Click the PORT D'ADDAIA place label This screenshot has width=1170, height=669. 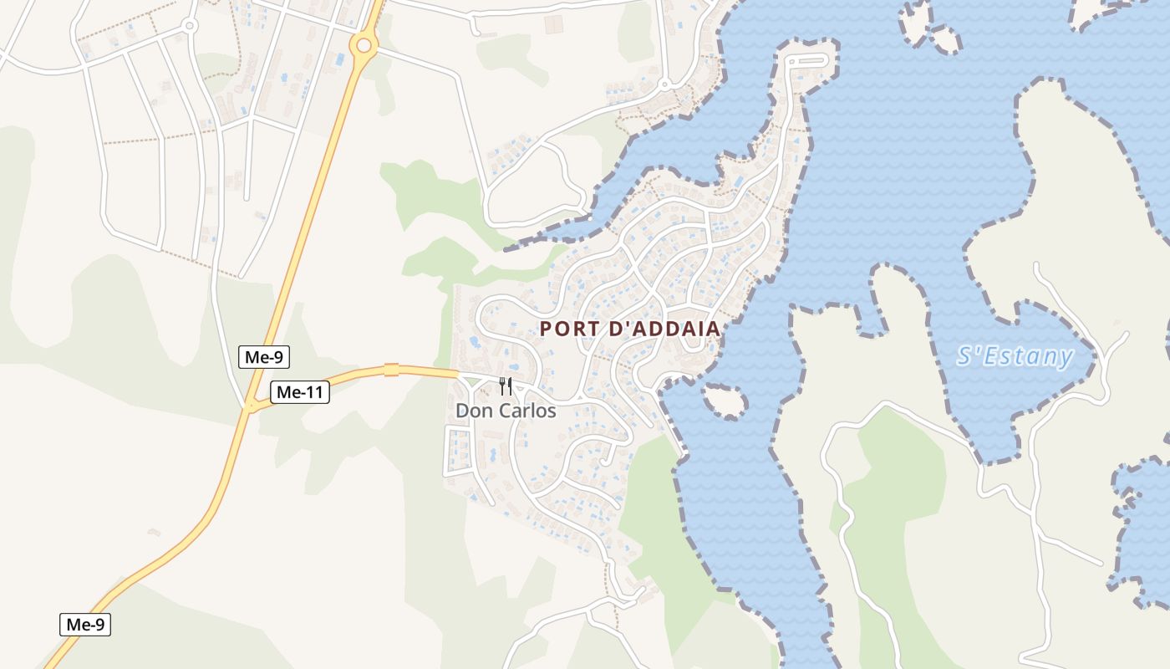(x=629, y=329)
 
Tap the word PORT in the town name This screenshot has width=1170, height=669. (x=566, y=329)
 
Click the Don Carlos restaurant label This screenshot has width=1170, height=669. (x=506, y=411)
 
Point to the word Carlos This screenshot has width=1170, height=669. (x=527, y=411)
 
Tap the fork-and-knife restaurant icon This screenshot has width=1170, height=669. (x=506, y=386)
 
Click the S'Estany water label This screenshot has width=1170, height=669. (x=1015, y=357)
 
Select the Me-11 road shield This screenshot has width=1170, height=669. (x=300, y=391)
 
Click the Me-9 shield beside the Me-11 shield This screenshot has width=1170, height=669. (x=264, y=357)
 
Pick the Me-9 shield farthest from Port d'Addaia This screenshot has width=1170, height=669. (x=85, y=624)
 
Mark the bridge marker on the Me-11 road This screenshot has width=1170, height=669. (x=391, y=370)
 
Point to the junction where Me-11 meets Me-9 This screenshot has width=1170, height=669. (x=249, y=407)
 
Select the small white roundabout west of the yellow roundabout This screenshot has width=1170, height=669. (x=190, y=26)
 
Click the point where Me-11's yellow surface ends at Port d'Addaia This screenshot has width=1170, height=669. (x=457, y=373)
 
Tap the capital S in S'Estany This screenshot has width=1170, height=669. (x=964, y=357)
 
